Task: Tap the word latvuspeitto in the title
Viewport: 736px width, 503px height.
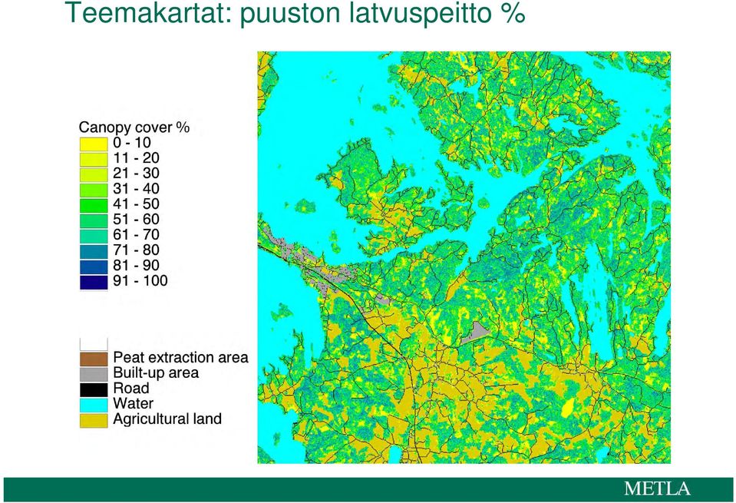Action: pos(415,14)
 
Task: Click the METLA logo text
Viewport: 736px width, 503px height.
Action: pos(657,488)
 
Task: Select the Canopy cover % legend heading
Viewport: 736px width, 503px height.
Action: pos(134,127)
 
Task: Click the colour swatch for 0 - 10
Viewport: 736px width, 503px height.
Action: pos(94,144)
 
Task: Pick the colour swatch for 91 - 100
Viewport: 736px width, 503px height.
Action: pos(94,282)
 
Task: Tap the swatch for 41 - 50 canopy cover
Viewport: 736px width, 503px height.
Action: pos(94,205)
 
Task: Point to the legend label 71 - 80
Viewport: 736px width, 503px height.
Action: pos(136,250)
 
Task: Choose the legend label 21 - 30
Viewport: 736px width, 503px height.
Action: pos(136,174)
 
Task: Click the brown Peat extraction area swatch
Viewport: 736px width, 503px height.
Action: pos(94,359)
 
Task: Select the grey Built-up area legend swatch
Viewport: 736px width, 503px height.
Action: pos(94,374)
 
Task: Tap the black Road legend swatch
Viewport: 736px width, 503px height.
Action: pos(94,389)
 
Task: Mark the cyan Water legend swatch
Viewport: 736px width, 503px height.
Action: pos(94,405)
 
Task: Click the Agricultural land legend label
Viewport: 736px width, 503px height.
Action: pos(167,419)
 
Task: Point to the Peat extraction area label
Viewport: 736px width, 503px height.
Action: pos(180,357)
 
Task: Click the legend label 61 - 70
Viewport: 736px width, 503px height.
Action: pos(136,234)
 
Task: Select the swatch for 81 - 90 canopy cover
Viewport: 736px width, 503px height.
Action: pos(94,266)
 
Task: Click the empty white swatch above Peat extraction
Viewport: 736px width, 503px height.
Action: pos(94,343)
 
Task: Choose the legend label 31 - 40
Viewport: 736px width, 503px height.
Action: pos(136,189)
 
